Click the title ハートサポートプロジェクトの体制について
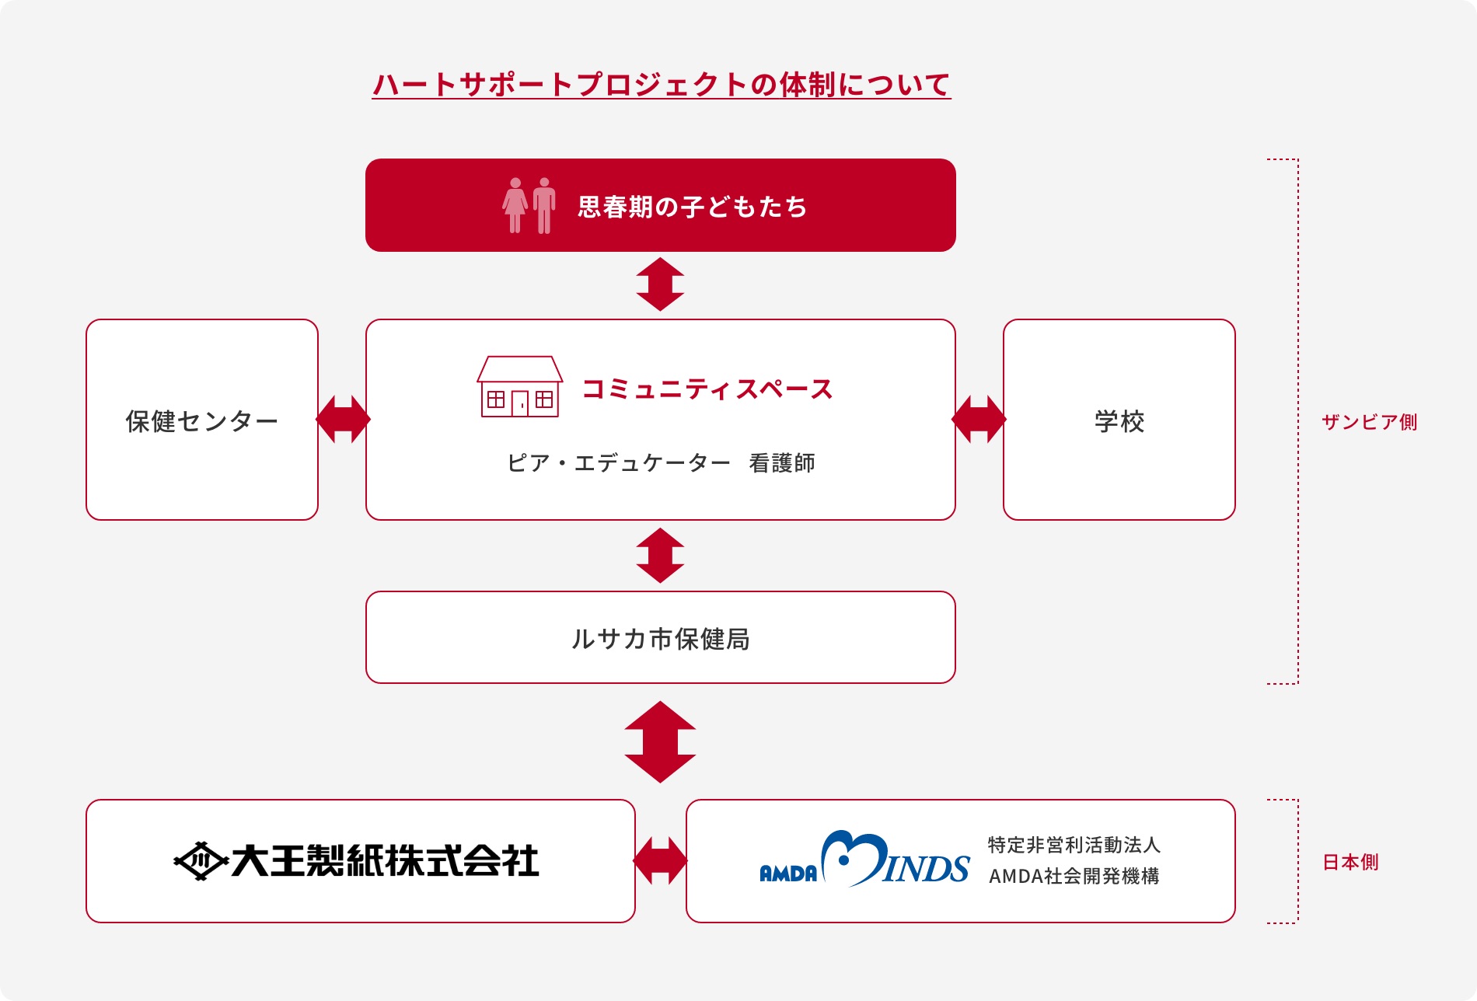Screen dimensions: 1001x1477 (x=661, y=84)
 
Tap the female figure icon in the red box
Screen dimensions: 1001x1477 (x=515, y=205)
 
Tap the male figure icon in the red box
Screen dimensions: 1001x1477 (x=544, y=205)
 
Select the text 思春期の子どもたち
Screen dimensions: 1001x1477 (x=692, y=207)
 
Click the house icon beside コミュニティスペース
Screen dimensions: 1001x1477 (x=519, y=387)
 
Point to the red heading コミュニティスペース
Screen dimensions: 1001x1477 (x=707, y=389)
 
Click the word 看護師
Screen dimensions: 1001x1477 (x=781, y=463)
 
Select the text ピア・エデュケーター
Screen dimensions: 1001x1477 (x=619, y=463)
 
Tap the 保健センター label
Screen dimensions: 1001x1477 (x=201, y=421)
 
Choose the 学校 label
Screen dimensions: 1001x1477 (x=1119, y=421)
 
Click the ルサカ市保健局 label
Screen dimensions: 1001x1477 (x=660, y=639)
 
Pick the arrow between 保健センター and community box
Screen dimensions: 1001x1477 (x=343, y=420)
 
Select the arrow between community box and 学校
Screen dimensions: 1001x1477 (x=979, y=420)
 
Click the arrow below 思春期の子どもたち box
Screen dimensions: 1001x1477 (x=660, y=284)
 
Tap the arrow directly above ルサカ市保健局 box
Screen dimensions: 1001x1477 (x=660, y=556)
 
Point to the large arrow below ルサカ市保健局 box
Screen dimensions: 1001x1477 (x=660, y=742)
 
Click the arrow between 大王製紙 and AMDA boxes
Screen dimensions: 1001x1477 (x=660, y=860)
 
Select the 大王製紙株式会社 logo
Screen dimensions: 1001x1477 (x=356, y=860)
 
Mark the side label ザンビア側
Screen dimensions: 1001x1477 (x=1369, y=422)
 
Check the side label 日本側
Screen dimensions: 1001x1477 (x=1350, y=862)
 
